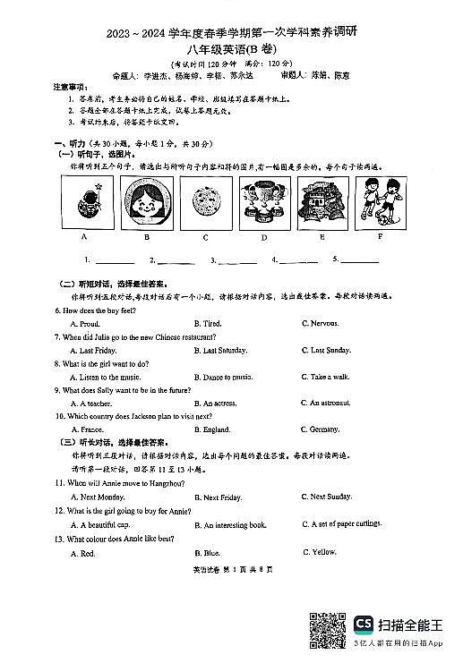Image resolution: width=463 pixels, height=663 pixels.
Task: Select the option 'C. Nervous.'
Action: tap(321, 323)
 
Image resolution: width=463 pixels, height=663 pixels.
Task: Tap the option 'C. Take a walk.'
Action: tap(324, 377)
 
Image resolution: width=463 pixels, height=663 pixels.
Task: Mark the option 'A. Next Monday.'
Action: tap(101, 497)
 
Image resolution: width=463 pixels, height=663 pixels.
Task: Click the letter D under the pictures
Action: tap(264, 238)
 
